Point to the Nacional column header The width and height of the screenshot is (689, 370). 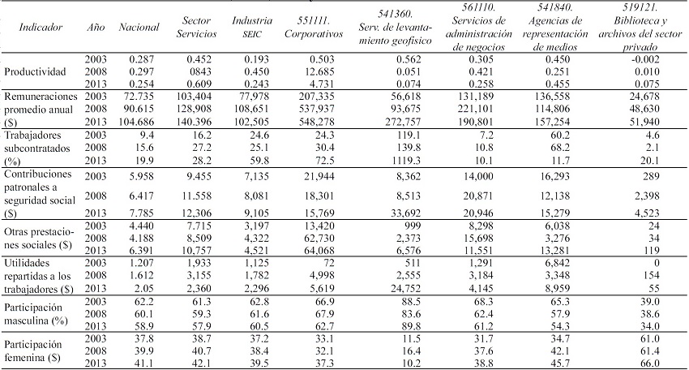pyautogui.click(x=139, y=27)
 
